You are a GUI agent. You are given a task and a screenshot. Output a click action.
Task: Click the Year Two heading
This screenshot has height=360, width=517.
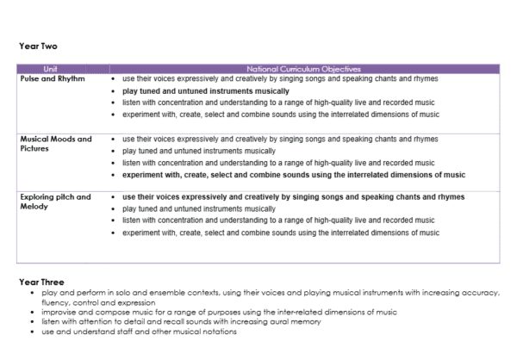click(x=38, y=46)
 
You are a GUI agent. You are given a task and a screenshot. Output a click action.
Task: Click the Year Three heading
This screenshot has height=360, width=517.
click(x=41, y=282)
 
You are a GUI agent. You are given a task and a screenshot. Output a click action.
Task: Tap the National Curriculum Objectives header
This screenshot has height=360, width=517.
click(x=302, y=68)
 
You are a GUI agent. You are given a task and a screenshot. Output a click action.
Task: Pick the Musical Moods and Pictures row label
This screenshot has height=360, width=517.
click(x=55, y=143)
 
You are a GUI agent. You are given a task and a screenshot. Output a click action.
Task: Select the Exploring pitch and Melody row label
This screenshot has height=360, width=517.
click(x=55, y=202)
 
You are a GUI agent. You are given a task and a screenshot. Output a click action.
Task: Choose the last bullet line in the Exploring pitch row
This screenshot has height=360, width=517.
click(x=280, y=233)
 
